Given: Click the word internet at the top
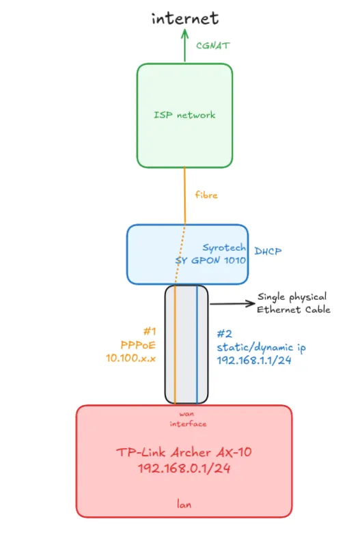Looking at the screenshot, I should pos(184,18).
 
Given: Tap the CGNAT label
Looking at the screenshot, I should pos(212,46).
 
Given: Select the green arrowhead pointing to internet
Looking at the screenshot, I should pos(184,36).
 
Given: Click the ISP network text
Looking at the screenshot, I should pos(184,115).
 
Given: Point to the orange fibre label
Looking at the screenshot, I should pos(206,195).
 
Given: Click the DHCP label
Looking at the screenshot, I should pos(267,252).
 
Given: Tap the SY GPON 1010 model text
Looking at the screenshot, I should pos(212,260).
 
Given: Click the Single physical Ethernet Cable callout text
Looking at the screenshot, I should pos(293,303).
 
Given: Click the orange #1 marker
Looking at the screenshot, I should pos(151,331).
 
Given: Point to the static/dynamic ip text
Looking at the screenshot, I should pos(261,347).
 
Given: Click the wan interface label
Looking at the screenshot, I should pos(184,419).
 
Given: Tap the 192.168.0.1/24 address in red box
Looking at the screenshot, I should pos(184,469).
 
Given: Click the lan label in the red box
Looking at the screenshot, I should pos(184,505).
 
